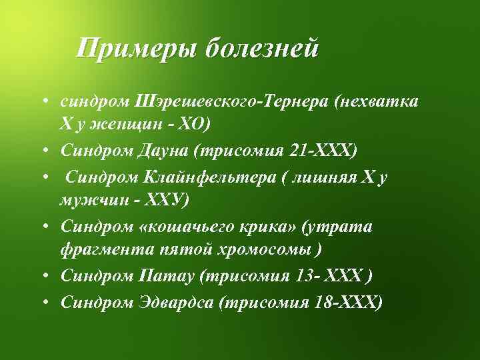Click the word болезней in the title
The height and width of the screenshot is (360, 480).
tap(263, 49)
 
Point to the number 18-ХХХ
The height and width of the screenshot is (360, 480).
tap(347, 303)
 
